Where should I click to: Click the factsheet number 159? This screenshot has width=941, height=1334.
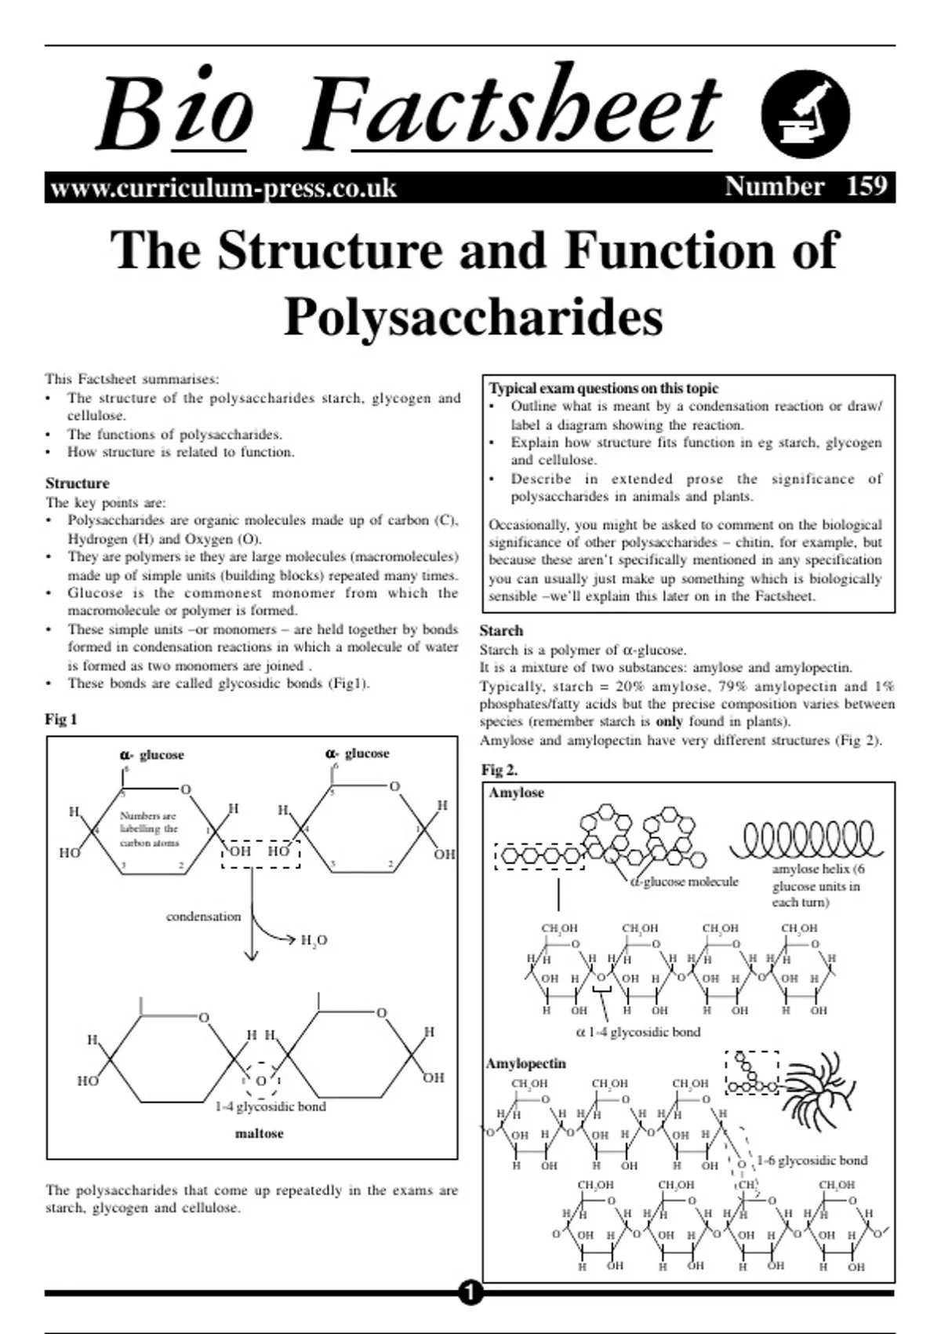point(867,187)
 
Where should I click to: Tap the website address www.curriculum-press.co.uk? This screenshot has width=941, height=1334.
point(223,188)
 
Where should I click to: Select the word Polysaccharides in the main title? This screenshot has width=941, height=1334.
point(473,317)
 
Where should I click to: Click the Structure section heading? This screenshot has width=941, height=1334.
point(77,483)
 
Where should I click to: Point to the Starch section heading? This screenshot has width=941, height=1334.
point(501,631)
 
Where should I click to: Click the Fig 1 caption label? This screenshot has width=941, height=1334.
point(61,720)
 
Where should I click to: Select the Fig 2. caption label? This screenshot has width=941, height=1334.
point(500,770)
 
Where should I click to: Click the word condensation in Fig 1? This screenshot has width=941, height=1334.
point(203,917)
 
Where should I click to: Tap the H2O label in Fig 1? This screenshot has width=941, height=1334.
point(314,940)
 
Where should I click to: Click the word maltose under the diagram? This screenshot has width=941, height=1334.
point(260,1134)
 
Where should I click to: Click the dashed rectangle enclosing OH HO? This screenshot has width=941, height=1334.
point(260,851)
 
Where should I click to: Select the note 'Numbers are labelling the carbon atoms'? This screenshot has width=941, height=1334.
point(149,829)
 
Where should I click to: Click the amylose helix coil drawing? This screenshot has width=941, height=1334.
point(806,840)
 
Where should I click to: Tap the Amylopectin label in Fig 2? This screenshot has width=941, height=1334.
point(525,1064)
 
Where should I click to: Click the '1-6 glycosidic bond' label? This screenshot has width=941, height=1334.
point(812,1161)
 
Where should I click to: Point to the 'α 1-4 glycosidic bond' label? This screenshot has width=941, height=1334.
point(638,1033)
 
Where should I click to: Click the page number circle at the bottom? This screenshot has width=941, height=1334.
point(470,1292)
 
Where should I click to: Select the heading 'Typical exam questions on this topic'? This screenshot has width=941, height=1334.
point(603,388)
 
